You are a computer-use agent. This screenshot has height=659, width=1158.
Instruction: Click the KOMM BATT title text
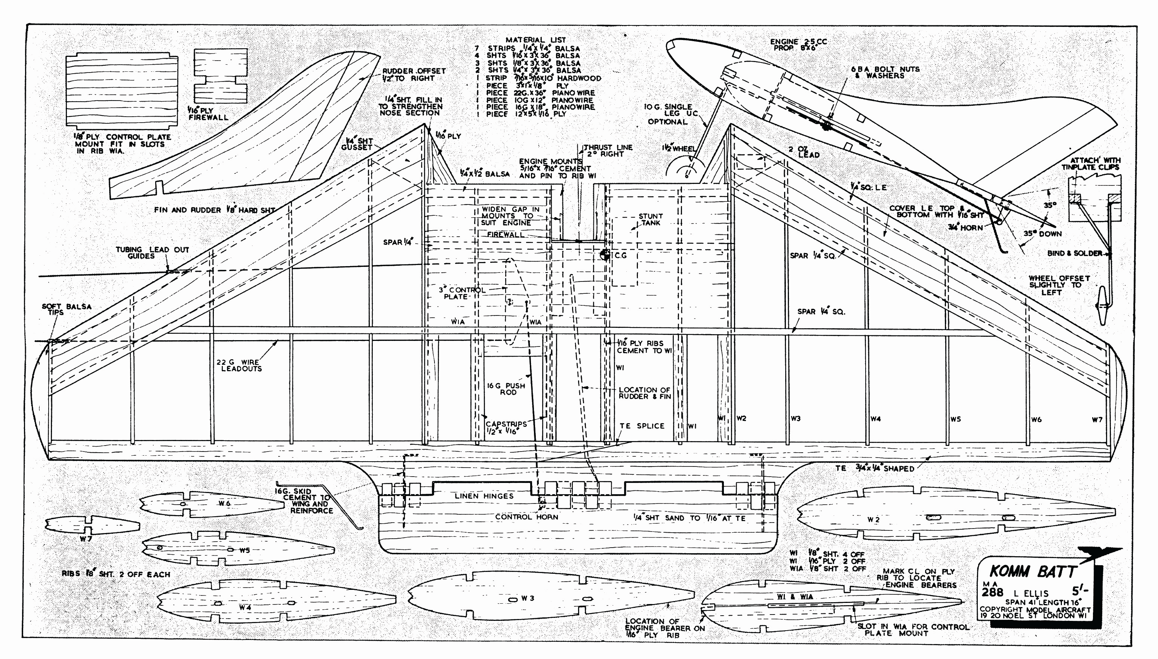(1032, 572)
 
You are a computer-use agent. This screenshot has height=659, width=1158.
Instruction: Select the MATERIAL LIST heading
(535, 40)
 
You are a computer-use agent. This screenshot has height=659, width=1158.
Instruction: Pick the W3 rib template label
(527, 598)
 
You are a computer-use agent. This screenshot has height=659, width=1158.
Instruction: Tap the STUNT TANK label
(651, 219)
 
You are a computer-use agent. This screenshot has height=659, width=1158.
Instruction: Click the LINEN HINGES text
(484, 496)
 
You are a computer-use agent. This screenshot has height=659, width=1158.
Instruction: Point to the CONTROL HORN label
(526, 517)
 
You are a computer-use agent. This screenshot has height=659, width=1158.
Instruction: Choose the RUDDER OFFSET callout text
(414, 75)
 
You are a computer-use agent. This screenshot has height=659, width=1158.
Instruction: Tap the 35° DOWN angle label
(1042, 234)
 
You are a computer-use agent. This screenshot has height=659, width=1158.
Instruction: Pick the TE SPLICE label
(642, 426)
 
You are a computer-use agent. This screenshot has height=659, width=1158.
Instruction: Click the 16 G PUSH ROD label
(506, 389)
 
